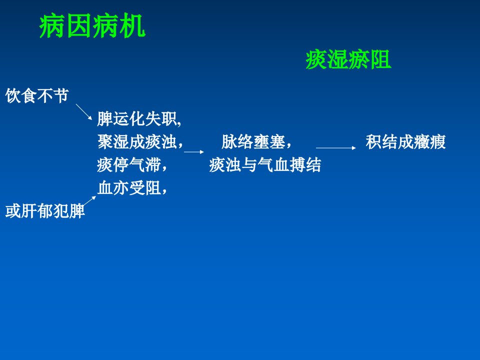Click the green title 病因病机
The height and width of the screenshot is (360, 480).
[x=92, y=26]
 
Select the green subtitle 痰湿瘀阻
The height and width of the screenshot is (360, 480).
[x=348, y=59]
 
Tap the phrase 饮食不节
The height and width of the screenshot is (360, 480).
[x=37, y=95]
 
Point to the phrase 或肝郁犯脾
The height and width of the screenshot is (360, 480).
[x=45, y=211]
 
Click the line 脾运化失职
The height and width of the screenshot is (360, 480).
[x=139, y=119]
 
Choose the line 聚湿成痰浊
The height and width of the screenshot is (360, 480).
[x=140, y=141]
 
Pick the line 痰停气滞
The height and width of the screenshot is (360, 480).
[x=132, y=164]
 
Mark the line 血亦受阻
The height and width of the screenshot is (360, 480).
[x=132, y=187]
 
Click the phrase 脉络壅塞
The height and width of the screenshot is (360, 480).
[x=256, y=141]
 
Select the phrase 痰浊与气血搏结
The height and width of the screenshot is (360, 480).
[x=265, y=164]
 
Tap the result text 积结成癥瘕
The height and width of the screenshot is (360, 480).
[x=405, y=141]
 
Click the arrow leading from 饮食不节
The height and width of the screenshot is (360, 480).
[x=84, y=111]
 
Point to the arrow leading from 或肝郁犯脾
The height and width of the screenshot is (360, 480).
[x=89, y=201]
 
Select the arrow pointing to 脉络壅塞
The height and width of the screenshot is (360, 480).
[x=194, y=151]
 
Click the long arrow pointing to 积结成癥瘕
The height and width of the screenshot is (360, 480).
[x=336, y=148]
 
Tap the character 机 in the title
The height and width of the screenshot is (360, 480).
[x=132, y=26]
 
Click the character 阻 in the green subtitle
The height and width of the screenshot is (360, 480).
[x=380, y=59]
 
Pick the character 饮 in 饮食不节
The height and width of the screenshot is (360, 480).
[x=13, y=95]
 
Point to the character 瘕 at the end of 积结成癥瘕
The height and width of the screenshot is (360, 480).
[x=437, y=141]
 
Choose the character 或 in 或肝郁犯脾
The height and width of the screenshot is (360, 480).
[x=13, y=211]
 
